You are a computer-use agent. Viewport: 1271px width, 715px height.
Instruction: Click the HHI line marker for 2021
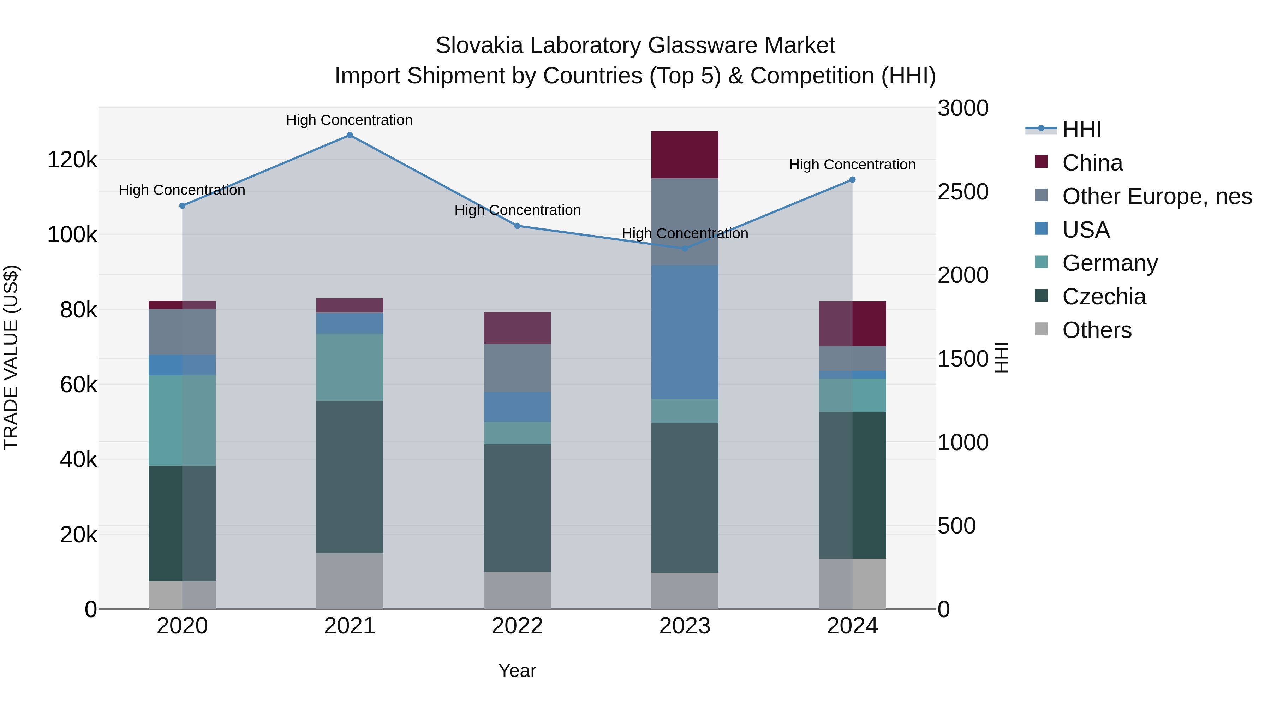349,135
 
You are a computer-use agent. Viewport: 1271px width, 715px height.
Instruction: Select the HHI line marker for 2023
684,249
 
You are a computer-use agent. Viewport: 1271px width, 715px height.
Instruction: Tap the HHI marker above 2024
852,180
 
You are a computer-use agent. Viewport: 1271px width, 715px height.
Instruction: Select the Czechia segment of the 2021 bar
349,477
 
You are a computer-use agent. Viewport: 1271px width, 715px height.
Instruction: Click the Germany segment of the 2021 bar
349,367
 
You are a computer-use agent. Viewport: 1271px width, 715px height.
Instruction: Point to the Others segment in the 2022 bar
517,590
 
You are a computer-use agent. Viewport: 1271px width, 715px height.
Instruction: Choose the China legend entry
1092,163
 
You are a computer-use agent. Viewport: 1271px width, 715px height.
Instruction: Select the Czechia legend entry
1104,297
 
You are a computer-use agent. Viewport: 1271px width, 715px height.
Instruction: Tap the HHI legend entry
1081,129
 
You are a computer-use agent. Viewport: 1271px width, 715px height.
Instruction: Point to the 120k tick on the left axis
72,160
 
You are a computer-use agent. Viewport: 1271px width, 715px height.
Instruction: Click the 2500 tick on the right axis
963,192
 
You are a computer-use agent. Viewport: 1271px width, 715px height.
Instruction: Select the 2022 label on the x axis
517,626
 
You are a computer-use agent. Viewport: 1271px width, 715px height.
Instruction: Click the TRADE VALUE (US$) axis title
11,357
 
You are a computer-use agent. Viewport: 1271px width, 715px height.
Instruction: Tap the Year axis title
517,671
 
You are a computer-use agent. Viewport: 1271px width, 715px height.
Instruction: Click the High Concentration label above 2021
349,120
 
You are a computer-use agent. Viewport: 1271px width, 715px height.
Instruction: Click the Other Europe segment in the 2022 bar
517,368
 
